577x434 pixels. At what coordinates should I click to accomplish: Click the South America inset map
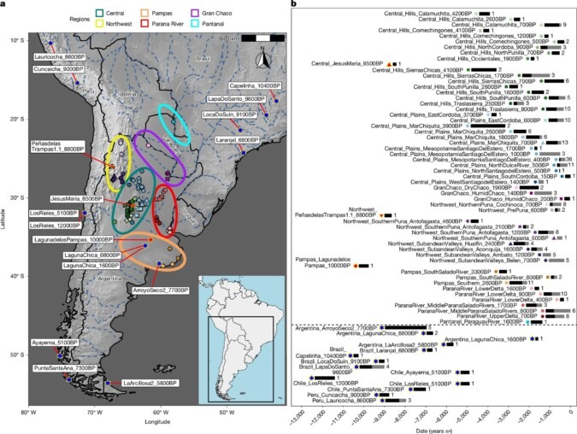(x=238, y=333)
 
